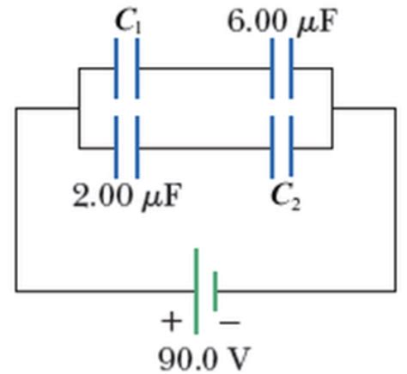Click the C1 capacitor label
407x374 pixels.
coord(129,22)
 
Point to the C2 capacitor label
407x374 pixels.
coord(286,197)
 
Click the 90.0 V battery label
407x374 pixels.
coord(204,359)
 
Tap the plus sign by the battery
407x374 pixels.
coord(172,322)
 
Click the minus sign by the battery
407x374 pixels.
coord(229,323)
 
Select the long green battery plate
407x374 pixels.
coord(196,291)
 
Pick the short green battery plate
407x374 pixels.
coord(216,291)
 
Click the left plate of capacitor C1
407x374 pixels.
coord(116,69)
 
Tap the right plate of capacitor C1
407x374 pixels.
coord(137,69)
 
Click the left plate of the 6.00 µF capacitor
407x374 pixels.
coord(272,69)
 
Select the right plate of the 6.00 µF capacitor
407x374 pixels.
coord(291,69)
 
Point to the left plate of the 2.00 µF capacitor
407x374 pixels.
coord(116,147)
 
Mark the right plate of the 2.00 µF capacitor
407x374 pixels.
coord(137,147)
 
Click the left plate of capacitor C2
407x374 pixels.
coord(272,147)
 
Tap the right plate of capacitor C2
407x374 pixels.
coord(291,147)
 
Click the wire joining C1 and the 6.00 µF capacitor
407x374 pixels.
coord(204,69)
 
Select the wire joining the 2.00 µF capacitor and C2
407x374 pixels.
coord(204,148)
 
